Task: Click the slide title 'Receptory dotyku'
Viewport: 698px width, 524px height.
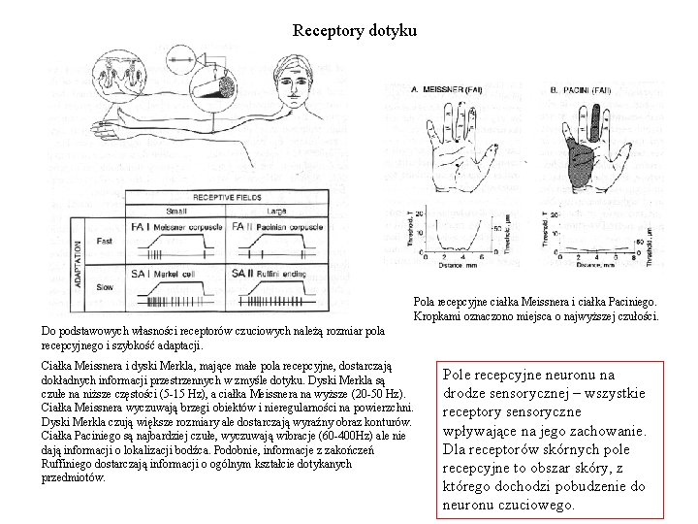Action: pos(355,31)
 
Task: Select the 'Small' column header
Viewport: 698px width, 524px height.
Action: pos(177,211)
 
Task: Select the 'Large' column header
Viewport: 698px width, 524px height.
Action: pos(277,211)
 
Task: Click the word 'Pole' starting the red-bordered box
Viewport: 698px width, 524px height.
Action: pos(459,374)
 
